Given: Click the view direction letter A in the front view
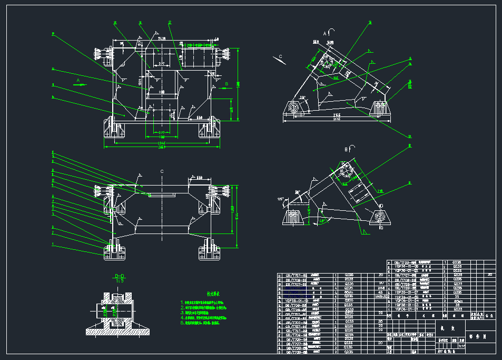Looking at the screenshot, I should pos(78,80).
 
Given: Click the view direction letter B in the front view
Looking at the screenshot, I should pos(227,83).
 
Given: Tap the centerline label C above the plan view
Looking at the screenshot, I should pos(162,171).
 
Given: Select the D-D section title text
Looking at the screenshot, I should pos(120,276).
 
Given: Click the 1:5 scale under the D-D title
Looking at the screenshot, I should pos(120,281).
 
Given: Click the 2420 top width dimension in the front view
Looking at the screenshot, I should pos(161,39).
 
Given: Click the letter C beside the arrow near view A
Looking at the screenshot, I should pos(280,56).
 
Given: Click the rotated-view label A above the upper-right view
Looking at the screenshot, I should pos(324,33).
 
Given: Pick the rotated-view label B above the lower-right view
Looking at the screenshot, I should pos(346,150).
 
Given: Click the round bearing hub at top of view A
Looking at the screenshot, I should pos(327,62).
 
